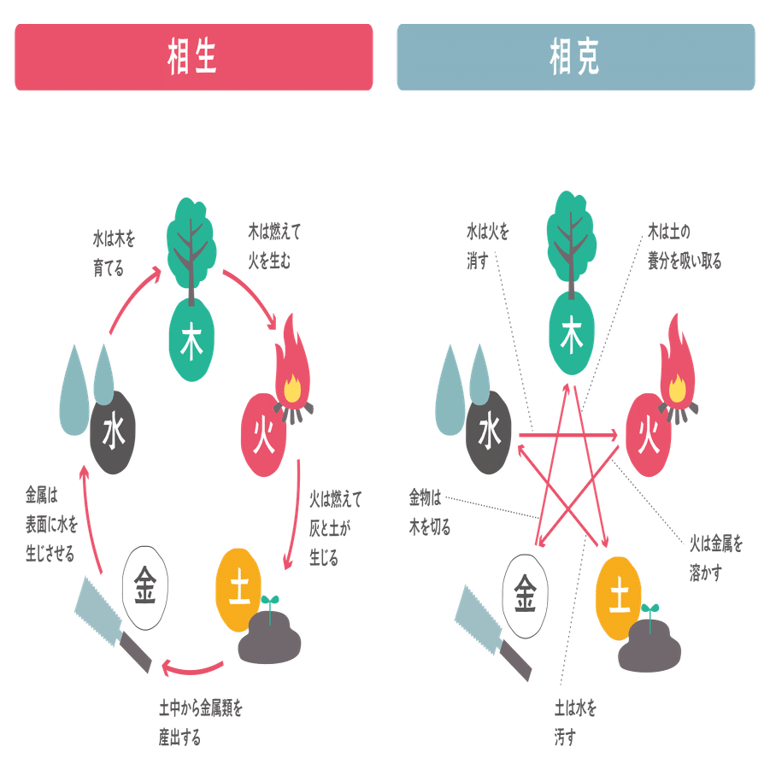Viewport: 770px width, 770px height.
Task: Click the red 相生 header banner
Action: pyautogui.click(x=193, y=57)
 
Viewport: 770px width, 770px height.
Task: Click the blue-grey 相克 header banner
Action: pyautogui.click(x=575, y=57)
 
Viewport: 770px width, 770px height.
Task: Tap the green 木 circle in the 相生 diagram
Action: pyautogui.click(x=191, y=340)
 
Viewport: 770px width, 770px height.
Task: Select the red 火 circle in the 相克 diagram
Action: pyautogui.click(x=648, y=435)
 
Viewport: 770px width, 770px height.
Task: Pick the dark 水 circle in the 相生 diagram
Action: pyautogui.click(x=113, y=432)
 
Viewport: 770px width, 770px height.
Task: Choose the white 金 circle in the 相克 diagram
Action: pyautogui.click(x=525, y=597)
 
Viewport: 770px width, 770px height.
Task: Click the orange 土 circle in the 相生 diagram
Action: pyautogui.click(x=238, y=590)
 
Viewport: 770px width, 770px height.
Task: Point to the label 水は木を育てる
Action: pyautogui.click(x=114, y=254)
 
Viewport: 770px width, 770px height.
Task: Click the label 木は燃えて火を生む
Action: pyautogui.click(x=274, y=246)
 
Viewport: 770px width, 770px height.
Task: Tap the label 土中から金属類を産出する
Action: pyautogui.click(x=200, y=723)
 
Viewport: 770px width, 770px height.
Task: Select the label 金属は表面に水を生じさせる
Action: pyautogui.click(x=51, y=525)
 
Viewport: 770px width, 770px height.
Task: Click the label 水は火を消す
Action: pyautogui.click(x=488, y=246)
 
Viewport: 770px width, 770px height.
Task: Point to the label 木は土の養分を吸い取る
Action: pyautogui.click(x=685, y=246)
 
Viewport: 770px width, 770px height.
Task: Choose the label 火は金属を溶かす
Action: pyautogui.click(x=716, y=558)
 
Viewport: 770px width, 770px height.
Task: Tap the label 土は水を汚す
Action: pyautogui.click(x=575, y=723)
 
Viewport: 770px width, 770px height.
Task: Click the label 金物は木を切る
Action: pyautogui.click(x=430, y=512)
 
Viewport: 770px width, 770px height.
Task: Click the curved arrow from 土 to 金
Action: pyautogui.click(x=192, y=668)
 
